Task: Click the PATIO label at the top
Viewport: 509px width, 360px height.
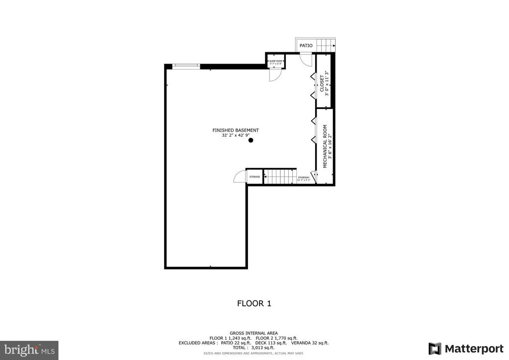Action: [306, 46]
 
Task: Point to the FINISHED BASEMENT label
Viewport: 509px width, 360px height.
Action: [236, 130]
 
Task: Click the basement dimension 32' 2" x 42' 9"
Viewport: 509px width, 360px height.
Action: [236, 135]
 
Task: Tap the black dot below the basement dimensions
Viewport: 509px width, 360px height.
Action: [251, 140]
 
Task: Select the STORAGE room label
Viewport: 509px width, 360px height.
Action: [254, 177]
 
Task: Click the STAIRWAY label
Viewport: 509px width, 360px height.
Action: [303, 178]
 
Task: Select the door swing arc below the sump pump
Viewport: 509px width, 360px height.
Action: [274, 75]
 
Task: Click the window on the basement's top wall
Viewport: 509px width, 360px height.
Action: [186, 65]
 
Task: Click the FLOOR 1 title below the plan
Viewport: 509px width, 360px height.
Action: [254, 303]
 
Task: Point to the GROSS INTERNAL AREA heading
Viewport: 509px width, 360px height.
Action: [254, 333]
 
